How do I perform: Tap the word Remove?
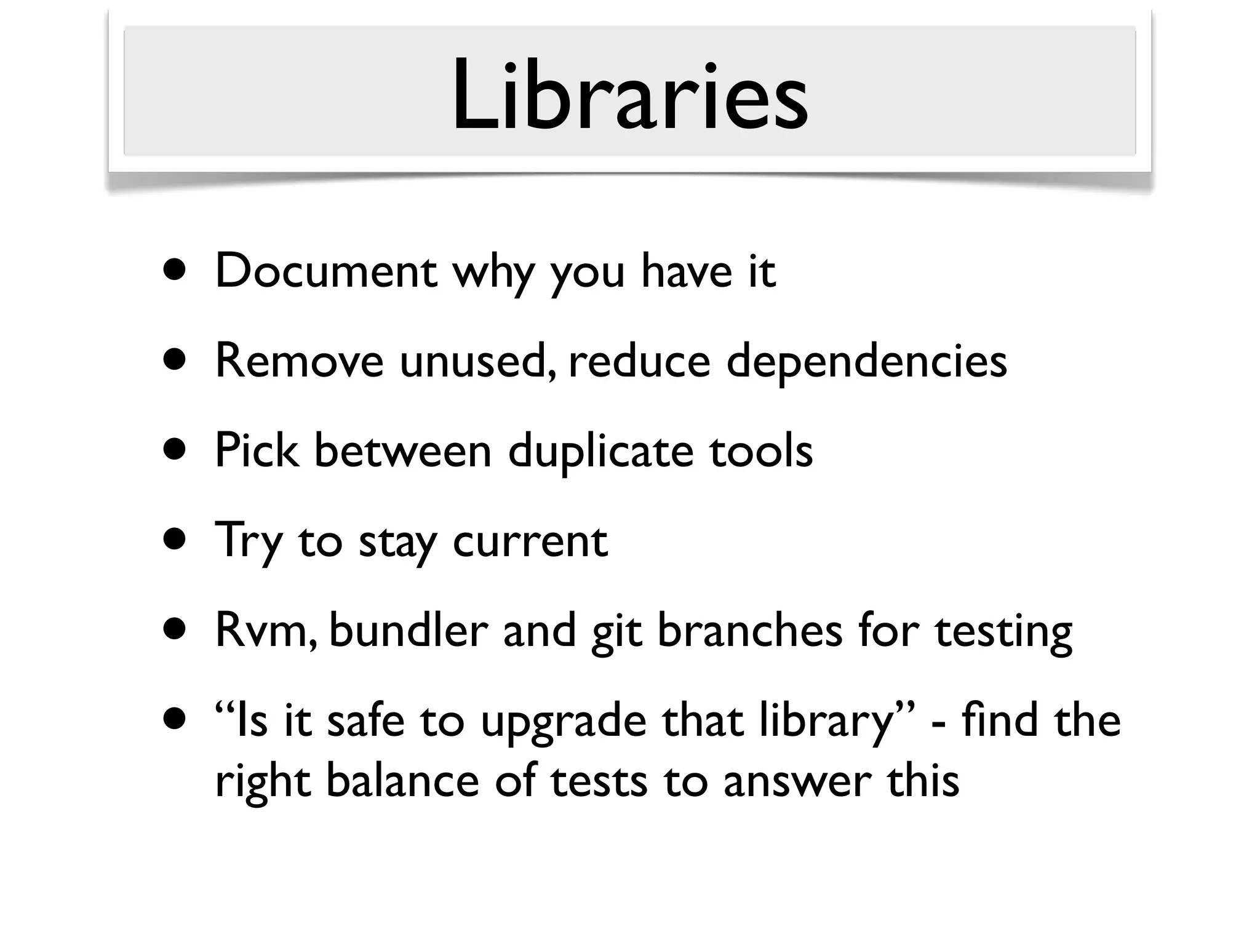coord(300,361)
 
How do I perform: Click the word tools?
coord(761,451)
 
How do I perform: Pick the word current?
coord(530,541)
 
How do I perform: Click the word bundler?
coord(409,631)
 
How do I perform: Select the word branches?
coord(749,631)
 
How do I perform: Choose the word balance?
coord(402,780)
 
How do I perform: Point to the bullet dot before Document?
coord(175,271)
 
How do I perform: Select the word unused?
coord(479,362)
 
